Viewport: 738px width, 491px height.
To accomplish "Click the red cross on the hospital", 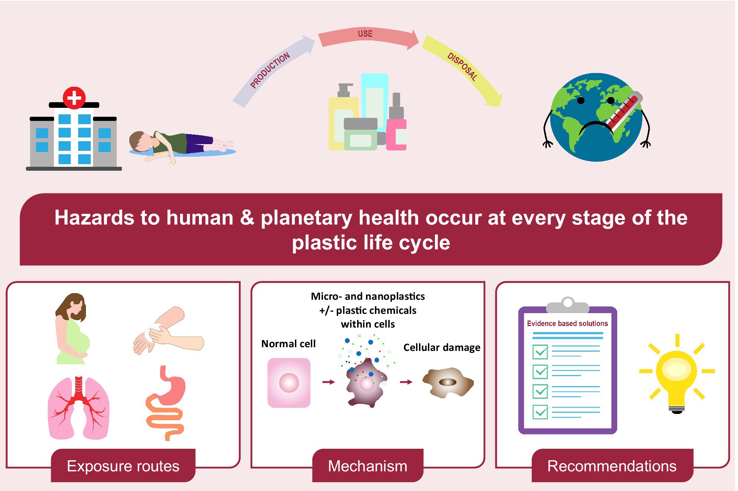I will pyautogui.click(x=74, y=98).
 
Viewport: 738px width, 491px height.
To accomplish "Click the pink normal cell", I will pyautogui.click(x=289, y=383).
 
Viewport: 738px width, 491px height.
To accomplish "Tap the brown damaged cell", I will pyautogui.click(x=448, y=382).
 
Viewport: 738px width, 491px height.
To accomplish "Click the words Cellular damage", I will pyautogui.click(x=442, y=348).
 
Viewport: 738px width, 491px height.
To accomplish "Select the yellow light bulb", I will pyautogui.click(x=676, y=374).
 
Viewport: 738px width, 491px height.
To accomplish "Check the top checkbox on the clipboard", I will pyautogui.click(x=540, y=352).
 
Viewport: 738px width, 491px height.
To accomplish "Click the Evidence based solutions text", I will pyautogui.click(x=567, y=324).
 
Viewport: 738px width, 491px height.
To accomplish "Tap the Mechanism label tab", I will pyautogui.click(x=368, y=466).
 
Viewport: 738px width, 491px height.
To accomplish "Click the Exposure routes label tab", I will pyautogui.click(x=123, y=466).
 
